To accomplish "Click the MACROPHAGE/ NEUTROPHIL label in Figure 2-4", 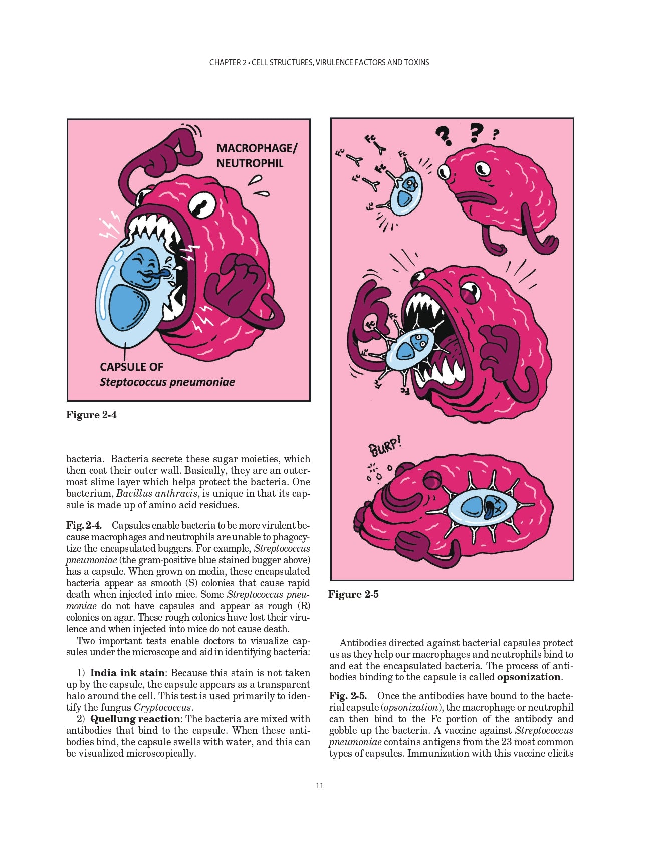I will click(256, 155).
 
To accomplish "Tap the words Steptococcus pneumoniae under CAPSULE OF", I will click(167, 382).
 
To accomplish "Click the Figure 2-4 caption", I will click(91, 415).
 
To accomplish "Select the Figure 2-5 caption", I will click(353, 594).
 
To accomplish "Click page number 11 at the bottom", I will click(320, 785).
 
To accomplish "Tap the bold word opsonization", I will click(529, 677).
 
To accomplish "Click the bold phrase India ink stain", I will click(127, 673).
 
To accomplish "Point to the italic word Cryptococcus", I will click(162, 707).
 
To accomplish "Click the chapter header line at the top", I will click(319, 62).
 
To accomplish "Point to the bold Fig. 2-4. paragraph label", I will click(84, 525).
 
